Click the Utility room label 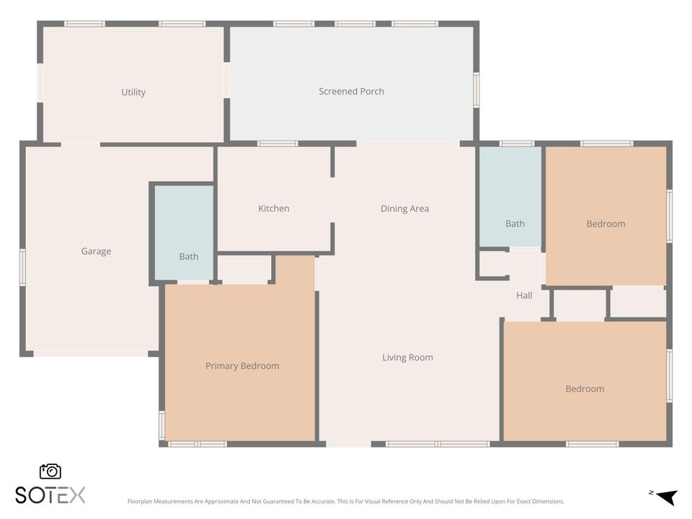click(133, 92)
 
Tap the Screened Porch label click(351, 92)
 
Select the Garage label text click(96, 252)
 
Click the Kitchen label click(274, 208)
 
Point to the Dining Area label click(404, 209)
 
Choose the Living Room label click(407, 358)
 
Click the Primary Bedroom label click(242, 366)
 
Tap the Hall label click(524, 296)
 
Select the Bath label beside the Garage click(188, 257)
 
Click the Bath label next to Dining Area click(515, 223)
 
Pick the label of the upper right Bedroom click(605, 223)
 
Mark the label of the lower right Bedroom click(585, 389)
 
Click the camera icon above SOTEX click(50, 471)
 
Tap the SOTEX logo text click(50, 495)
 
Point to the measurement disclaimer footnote click(345, 502)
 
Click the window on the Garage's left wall click(22, 267)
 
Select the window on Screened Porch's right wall click(476, 90)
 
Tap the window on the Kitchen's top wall click(278, 143)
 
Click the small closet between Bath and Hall click(492, 264)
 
